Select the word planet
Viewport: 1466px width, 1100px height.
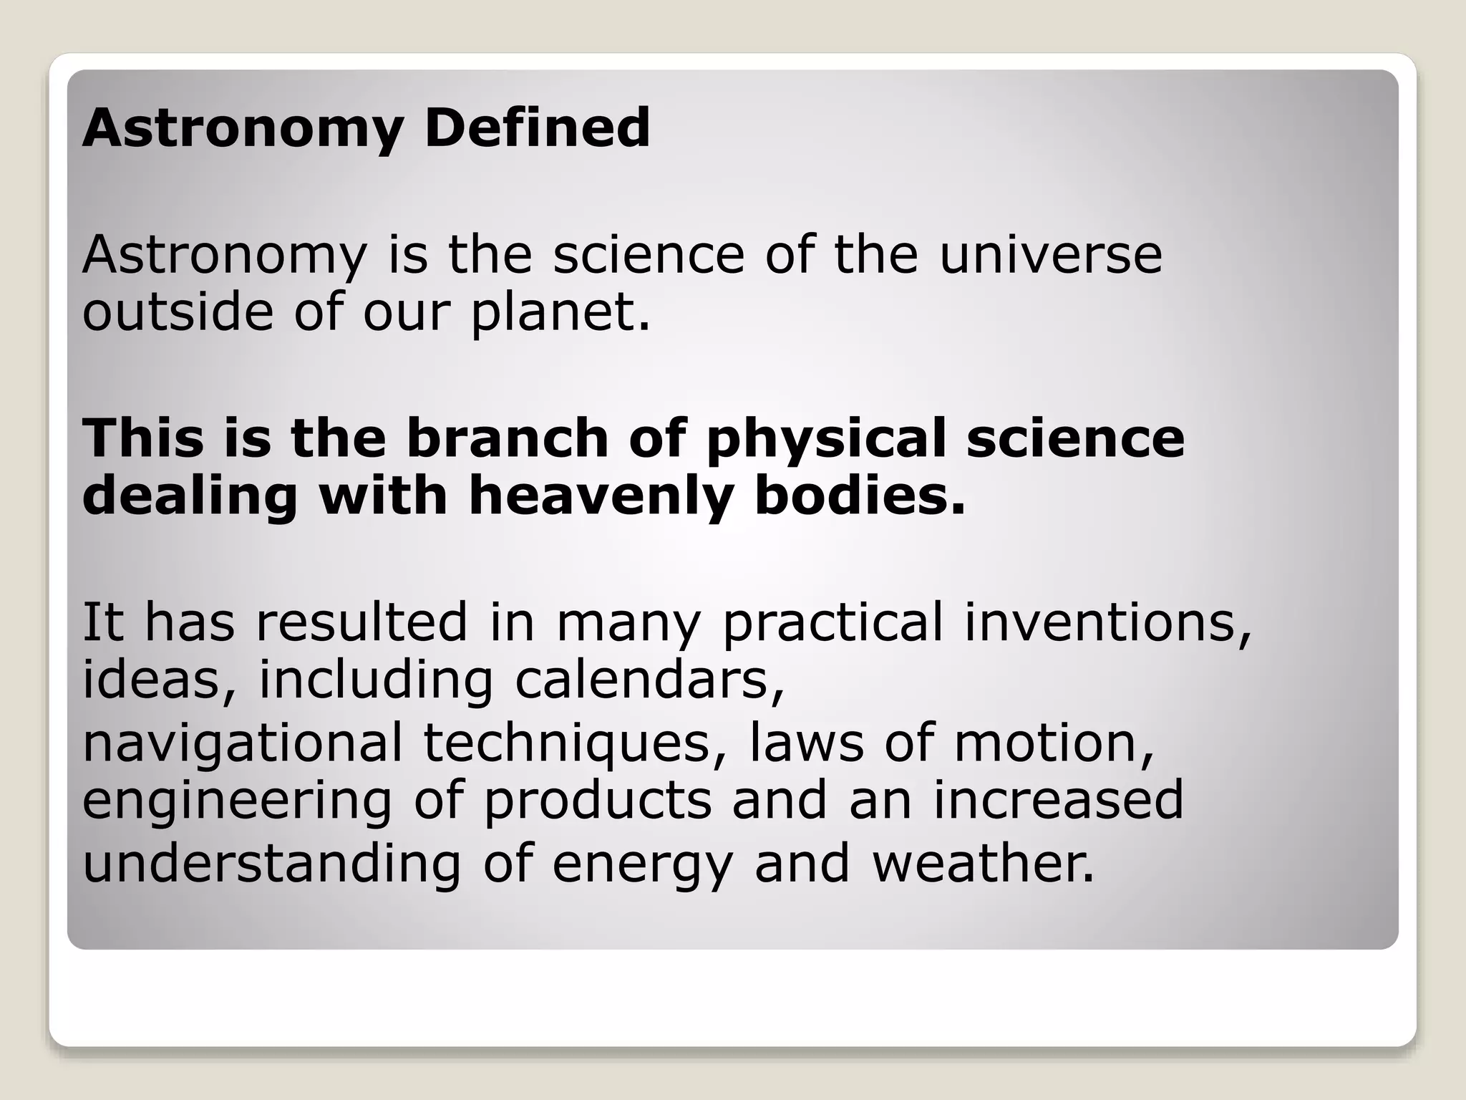pos(560,313)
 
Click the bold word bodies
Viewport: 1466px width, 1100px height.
pos(860,496)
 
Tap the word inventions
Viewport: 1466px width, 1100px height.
pos(1108,622)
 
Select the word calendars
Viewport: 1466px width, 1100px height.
pos(649,680)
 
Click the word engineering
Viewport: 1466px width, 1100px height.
pos(237,801)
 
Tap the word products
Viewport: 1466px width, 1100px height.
pos(598,800)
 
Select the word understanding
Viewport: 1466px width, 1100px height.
pos(272,863)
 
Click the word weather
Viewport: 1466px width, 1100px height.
pos(984,863)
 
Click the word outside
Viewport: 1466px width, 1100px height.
pos(178,313)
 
